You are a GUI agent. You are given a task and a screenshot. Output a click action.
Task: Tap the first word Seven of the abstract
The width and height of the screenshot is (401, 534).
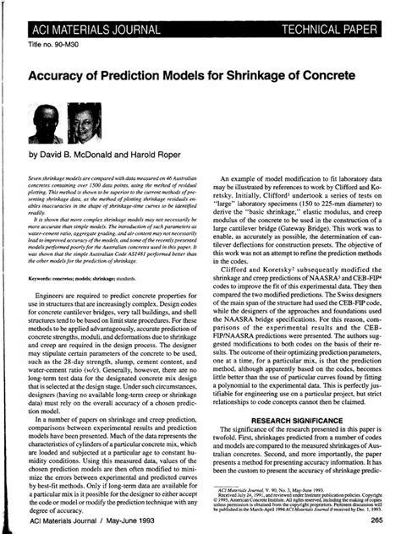coord(39,181)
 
